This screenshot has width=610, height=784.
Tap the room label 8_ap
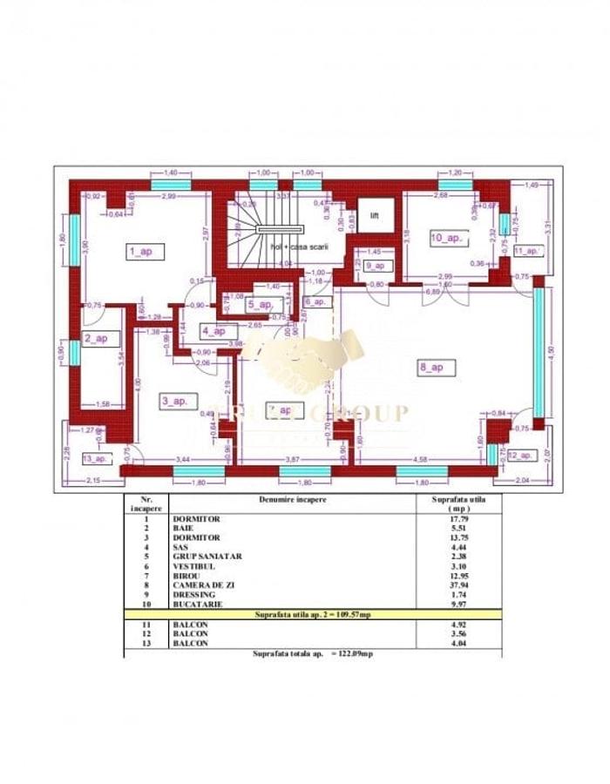(432, 368)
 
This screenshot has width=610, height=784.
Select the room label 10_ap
(449, 237)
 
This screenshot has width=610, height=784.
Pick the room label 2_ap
(96, 338)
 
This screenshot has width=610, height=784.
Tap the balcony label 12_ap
(521, 455)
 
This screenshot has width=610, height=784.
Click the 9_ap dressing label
(377, 265)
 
